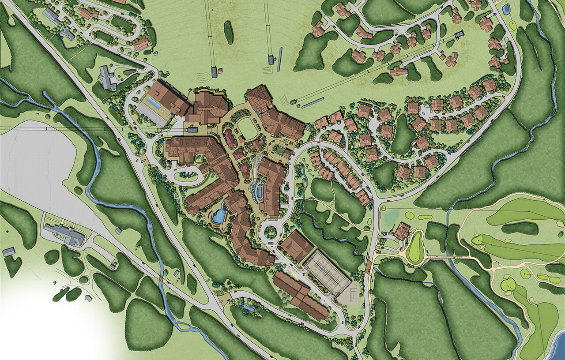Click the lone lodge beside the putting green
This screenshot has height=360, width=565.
[x=402, y=230]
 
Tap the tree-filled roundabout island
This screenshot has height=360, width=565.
[x=270, y=232]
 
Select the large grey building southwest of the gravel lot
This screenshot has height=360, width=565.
[x=65, y=234]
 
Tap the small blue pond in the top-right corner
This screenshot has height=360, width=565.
[x=506, y=9]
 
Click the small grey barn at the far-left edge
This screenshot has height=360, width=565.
[x=8, y=252]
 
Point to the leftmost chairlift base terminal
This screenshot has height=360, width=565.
[x=214, y=72]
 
